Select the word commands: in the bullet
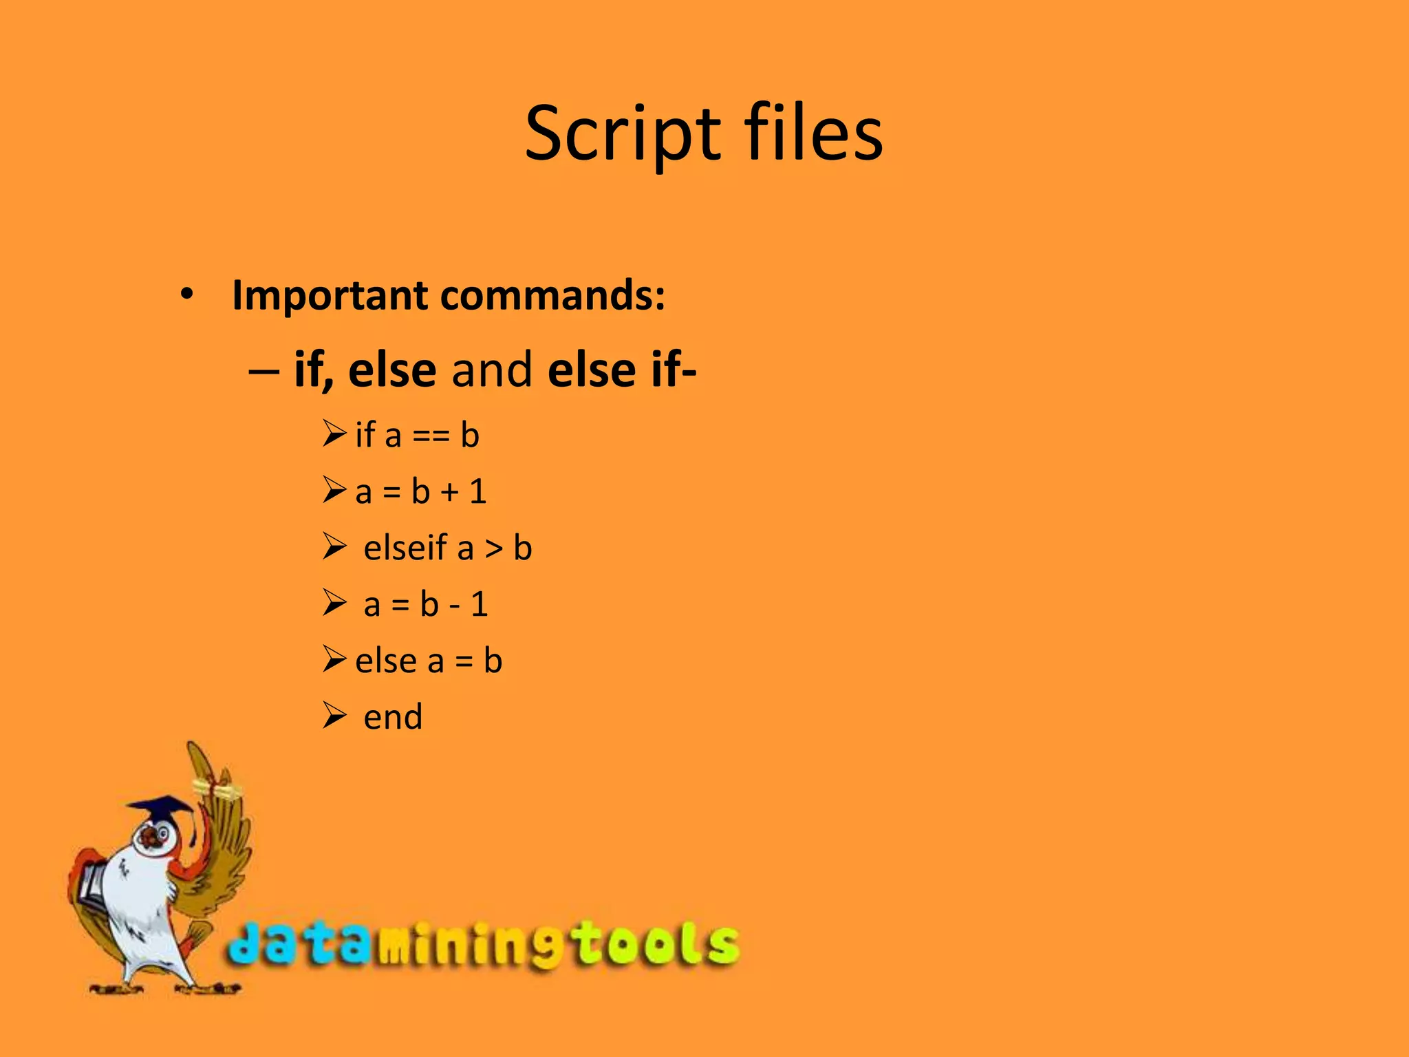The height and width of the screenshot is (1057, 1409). pos(552,295)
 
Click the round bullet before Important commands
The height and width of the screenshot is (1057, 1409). pos(186,295)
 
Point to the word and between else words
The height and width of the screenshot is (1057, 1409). pos(491,370)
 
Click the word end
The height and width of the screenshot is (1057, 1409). pos(393,717)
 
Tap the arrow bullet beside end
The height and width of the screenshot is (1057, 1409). pos(334,716)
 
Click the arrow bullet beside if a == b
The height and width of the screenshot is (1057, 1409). pos(334,434)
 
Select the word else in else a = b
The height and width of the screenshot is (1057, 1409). pos(386,661)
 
